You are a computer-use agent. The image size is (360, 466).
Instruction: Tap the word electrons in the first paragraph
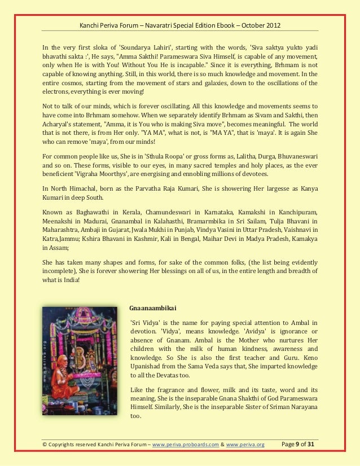[57, 91]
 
